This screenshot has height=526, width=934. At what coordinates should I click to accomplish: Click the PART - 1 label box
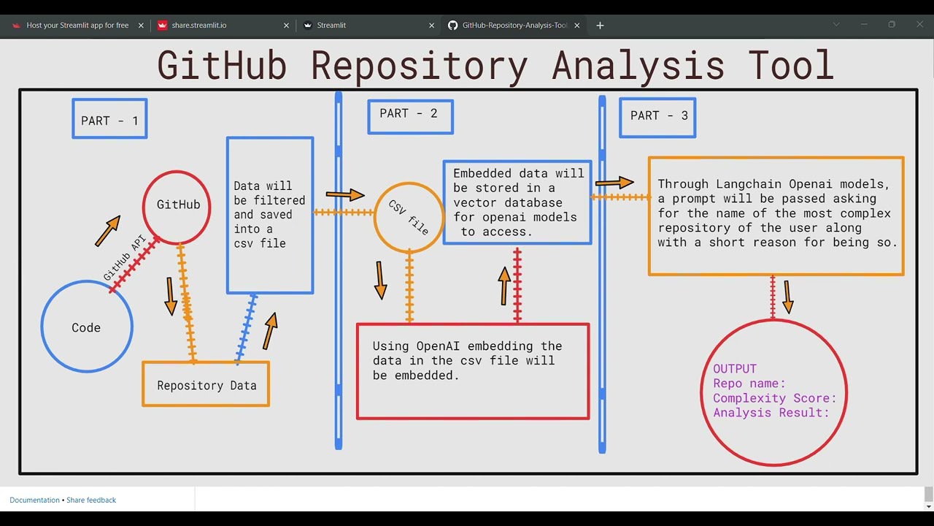pyautogui.click(x=109, y=119)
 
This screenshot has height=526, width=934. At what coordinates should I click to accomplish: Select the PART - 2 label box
pyautogui.click(x=409, y=116)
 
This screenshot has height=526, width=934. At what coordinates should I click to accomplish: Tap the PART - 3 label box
pyautogui.click(x=657, y=117)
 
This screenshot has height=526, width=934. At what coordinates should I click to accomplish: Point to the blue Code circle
pyautogui.click(x=86, y=327)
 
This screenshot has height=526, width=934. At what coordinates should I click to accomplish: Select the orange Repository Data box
pyautogui.click(x=206, y=384)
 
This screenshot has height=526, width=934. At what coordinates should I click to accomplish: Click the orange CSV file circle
pyautogui.click(x=409, y=216)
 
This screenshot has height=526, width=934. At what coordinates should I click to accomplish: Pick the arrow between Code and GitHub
pyautogui.click(x=107, y=230)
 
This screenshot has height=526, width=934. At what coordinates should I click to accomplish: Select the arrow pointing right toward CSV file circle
pyautogui.click(x=344, y=194)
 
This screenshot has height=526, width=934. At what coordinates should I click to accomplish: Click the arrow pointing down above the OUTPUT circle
pyautogui.click(x=788, y=297)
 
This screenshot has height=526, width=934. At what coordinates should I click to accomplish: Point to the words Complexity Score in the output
pyautogui.click(x=773, y=398)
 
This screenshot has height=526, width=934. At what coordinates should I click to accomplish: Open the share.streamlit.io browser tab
pyautogui.click(x=199, y=26)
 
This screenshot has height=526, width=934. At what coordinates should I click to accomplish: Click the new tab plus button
pyautogui.click(x=600, y=26)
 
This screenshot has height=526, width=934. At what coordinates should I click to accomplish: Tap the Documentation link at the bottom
pyautogui.click(x=34, y=500)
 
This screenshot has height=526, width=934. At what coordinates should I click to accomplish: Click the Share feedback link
pyautogui.click(x=91, y=500)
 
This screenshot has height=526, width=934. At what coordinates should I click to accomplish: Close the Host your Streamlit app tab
pyautogui.click(x=143, y=26)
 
